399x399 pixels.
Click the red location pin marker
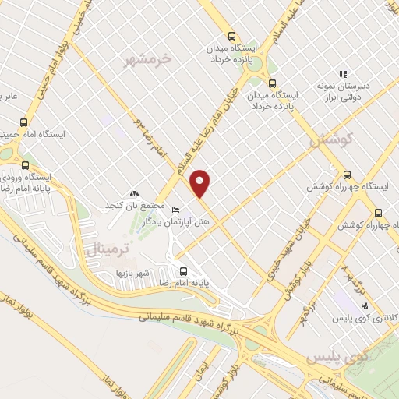pyautogui.click(x=201, y=183)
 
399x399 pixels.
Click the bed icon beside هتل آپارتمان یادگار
pyautogui.click(x=176, y=210)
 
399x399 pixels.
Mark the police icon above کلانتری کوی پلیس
pyautogui.click(x=365, y=305)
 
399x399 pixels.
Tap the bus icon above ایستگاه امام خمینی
pyautogui.click(x=23, y=122)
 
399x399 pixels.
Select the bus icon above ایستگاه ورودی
pyautogui.click(x=26, y=165)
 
